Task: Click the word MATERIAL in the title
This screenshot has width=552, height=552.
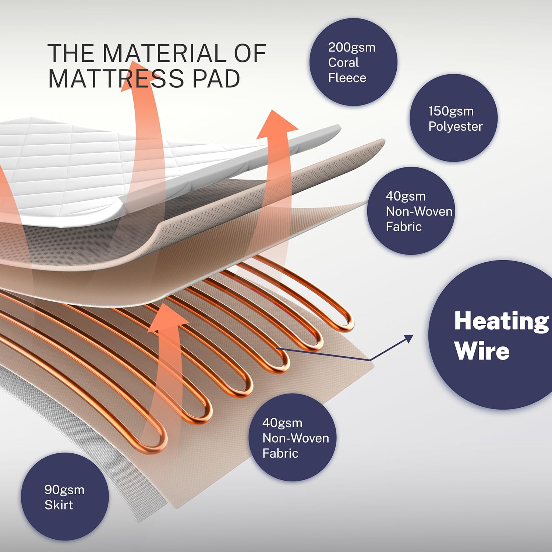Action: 165,53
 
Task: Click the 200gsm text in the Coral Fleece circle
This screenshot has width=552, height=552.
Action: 351,47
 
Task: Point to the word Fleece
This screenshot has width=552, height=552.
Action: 347,78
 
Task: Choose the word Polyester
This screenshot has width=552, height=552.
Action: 455,126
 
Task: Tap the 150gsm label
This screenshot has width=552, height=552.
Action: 450,111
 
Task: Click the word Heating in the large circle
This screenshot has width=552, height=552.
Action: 502,321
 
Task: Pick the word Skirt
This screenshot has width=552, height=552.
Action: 59,505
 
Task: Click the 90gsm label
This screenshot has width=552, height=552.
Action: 64,490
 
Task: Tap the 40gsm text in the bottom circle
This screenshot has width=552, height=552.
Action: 282,423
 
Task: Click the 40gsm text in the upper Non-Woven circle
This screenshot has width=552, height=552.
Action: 406,196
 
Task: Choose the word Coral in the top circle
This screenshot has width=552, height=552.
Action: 343,63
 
